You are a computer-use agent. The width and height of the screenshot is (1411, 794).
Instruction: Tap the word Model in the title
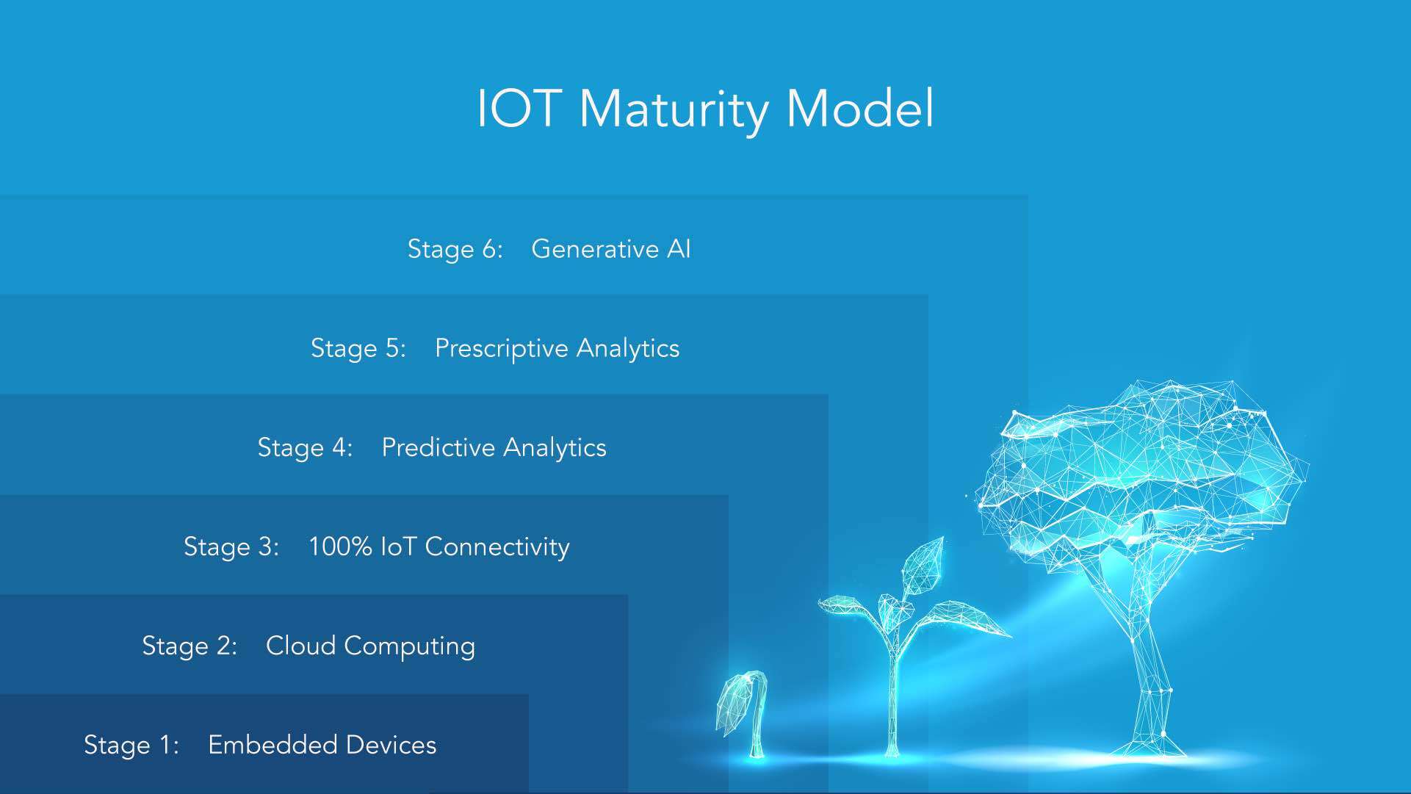point(859,109)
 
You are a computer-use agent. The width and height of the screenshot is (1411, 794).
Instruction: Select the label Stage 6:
point(455,249)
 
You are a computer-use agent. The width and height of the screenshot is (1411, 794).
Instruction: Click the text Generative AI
point(610,249)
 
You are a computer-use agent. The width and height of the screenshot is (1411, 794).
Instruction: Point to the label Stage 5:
point(358,348)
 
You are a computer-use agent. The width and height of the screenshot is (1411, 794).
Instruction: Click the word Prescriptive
point(500,348)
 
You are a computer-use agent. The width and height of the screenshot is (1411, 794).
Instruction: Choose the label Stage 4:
point(305,447)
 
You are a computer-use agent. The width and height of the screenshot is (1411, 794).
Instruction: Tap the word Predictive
point(438,447)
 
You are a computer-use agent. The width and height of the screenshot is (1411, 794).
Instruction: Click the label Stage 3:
point(231,546)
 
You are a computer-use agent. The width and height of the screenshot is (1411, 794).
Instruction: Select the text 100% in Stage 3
point(339,546)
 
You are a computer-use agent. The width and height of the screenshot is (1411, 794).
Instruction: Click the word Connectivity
point(497,546)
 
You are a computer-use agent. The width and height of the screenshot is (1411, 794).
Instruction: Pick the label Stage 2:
point(189,646)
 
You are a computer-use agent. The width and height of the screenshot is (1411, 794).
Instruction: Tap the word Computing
point(409,646)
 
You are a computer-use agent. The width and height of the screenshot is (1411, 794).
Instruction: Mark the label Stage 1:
point(131,745)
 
